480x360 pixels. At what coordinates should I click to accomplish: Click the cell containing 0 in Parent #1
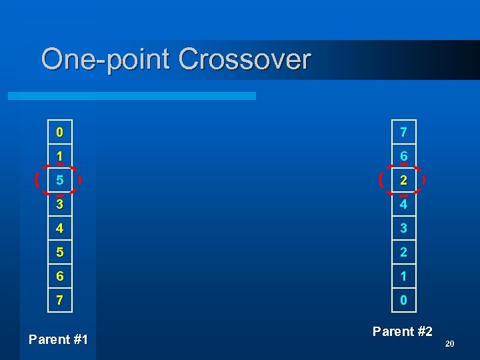[60, 132]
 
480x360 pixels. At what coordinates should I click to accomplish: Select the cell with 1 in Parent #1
[60, 156]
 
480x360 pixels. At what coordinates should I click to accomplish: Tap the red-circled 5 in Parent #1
[60, 180]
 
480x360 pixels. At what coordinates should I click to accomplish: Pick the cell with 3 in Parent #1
[60, 204]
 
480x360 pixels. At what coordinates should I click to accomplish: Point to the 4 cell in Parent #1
[60, 228]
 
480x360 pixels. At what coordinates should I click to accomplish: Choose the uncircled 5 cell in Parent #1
[60, 253]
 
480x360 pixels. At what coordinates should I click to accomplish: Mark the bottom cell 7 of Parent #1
[60, 301]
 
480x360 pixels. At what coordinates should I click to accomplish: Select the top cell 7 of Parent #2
[403, 132]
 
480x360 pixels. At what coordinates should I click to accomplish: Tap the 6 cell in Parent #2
[403, 156]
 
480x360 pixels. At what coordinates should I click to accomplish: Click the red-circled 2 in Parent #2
[403, 180]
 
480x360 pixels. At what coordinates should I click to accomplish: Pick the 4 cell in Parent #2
[403, 204]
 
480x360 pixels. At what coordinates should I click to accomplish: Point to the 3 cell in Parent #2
[403, 228]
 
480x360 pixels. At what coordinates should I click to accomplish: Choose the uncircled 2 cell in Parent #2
[403, 253]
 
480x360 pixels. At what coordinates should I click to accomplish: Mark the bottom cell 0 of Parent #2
[403, 301]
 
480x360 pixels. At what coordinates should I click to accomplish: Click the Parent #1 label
[59, 339]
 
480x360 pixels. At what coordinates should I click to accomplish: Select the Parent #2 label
[403, 331]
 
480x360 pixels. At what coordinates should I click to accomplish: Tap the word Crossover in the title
[245, 59]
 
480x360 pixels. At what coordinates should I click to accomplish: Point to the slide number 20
[449, 344]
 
